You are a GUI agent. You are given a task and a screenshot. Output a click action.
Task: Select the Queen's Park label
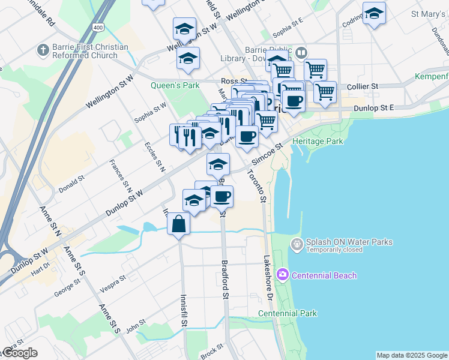[175, 85]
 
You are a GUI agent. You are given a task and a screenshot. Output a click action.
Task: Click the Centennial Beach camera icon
[282, 275]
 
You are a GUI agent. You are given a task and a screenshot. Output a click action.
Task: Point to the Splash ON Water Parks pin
[296, 244]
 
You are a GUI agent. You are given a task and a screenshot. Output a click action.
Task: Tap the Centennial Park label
[287, 313]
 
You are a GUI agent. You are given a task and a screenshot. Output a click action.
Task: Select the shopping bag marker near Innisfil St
[179, 224]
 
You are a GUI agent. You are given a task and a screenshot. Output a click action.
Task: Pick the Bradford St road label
[226, 279]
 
